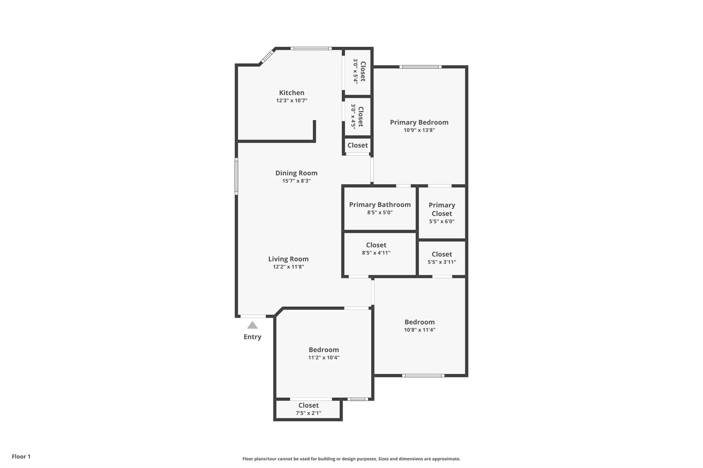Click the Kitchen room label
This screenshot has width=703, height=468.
(291, 93)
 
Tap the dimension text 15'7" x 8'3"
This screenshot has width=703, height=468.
(296, 181)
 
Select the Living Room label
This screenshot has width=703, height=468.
(288, 259)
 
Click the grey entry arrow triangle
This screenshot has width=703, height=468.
(252, 325)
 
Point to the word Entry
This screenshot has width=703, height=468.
(252, 337)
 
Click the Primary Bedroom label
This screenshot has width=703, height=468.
(419, 122)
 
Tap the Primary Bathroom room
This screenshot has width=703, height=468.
(380, 208)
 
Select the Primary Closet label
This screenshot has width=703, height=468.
(442, 209)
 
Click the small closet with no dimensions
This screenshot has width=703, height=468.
(357, 145)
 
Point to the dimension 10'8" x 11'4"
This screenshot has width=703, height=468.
(419, 330)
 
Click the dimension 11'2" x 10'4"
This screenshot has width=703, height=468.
(324, 357)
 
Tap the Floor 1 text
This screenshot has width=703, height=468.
(21, 456)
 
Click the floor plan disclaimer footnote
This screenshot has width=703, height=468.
(351, 459)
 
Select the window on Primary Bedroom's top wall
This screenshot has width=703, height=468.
(420, 67)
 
